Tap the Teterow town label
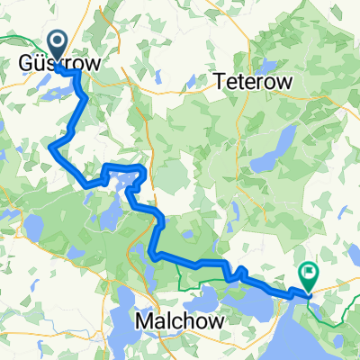(252, 82)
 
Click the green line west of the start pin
(18, 38)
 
